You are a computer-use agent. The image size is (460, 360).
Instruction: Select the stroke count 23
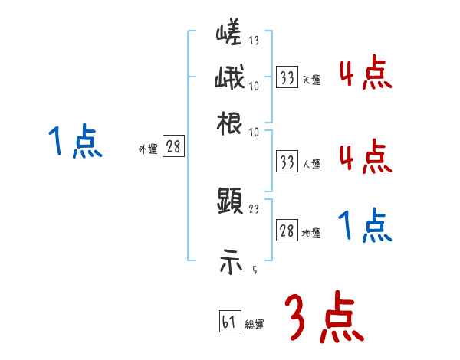(254, 208)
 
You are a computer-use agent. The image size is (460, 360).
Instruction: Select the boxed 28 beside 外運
(174, 148)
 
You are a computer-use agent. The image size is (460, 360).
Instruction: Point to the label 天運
(311, 79)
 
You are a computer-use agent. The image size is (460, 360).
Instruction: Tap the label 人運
(311, 163)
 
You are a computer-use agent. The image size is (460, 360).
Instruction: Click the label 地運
(311, 233)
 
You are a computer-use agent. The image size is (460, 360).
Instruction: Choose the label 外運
(148, 149)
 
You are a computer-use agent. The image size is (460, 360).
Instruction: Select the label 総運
(255, 325)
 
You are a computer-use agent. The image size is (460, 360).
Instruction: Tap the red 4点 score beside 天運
(365, 75)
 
